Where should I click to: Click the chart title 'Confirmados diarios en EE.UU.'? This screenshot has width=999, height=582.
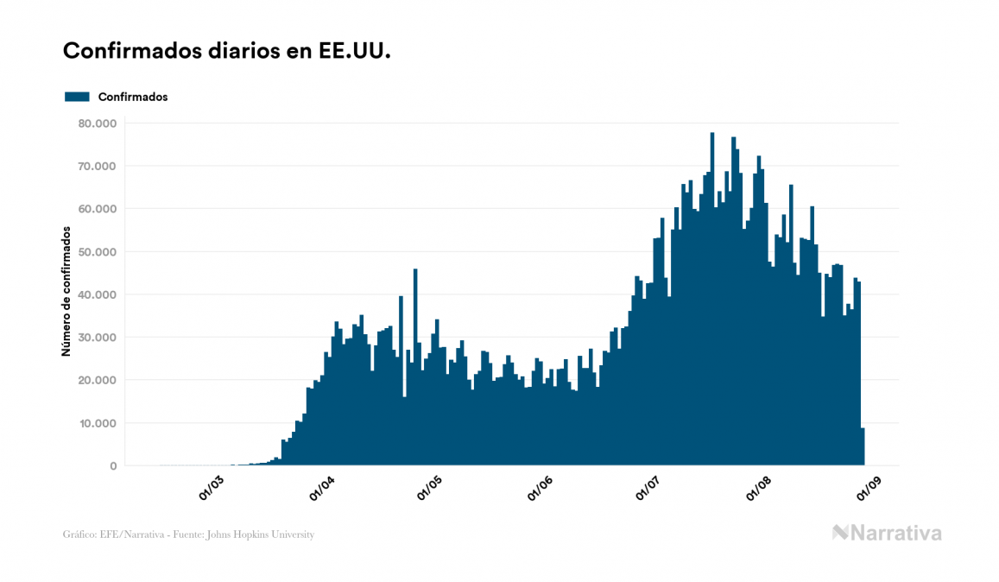point(227,51)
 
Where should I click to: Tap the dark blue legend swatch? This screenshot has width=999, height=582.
point(77,97)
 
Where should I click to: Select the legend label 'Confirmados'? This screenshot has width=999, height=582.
point(133,97)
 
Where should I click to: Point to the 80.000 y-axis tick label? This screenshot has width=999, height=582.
point(96,123)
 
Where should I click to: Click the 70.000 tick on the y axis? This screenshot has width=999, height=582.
point(96,166)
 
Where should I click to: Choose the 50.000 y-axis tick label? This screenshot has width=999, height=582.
point(96,251)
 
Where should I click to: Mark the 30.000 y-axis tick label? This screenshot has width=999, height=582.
point(96,338)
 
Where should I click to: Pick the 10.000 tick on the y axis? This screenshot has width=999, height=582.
point(96,423)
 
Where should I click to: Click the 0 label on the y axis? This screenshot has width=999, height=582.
point(112,466)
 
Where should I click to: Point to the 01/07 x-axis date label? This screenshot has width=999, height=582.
point(648,488)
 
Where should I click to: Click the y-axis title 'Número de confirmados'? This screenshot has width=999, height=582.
point(66,291)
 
